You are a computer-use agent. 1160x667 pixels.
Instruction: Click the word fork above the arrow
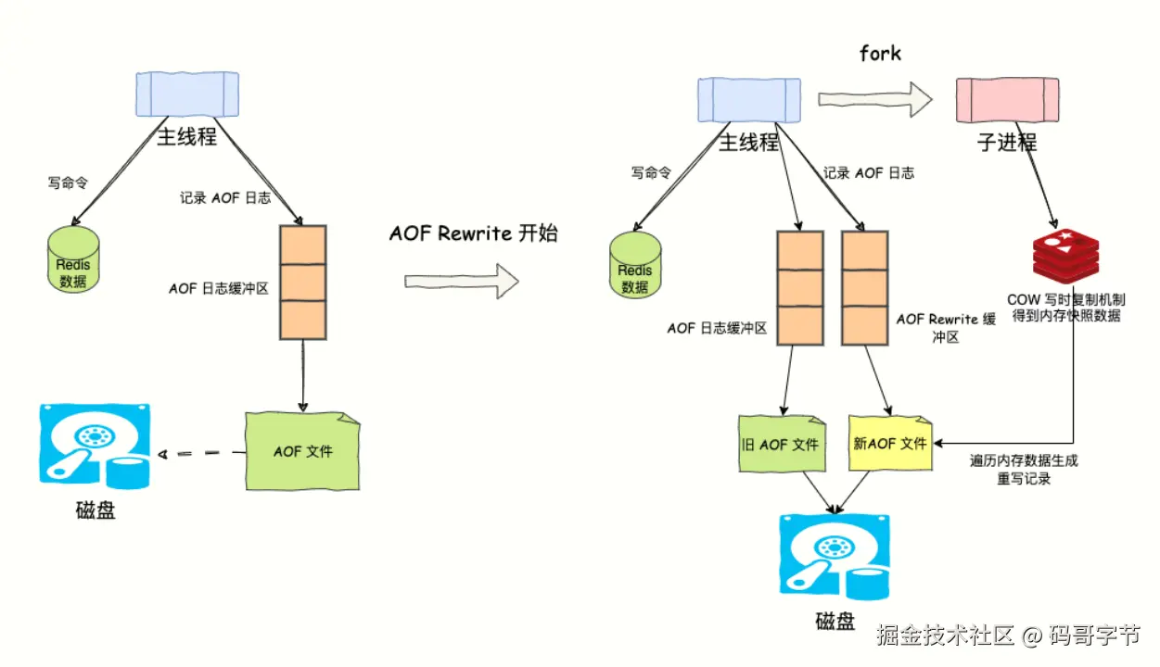(880, 53)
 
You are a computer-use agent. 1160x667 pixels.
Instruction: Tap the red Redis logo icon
(1065, 257)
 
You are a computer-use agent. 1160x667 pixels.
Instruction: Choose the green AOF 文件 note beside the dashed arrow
(302, 451)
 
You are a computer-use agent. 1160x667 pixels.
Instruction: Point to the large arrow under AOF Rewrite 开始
(461, 280)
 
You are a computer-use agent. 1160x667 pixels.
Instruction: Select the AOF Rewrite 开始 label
(473, 233)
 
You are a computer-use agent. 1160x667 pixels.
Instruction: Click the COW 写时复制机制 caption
(1066, 308)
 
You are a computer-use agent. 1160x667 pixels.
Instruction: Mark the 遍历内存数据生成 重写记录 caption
(1024, 470)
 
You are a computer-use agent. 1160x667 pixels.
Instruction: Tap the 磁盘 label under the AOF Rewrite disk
(835, 621)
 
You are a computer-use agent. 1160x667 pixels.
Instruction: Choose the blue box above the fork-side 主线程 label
(748, 100)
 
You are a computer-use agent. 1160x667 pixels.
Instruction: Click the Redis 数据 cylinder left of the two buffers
(635, 265)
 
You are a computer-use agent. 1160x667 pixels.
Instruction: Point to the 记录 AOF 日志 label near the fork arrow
(869, 172)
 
